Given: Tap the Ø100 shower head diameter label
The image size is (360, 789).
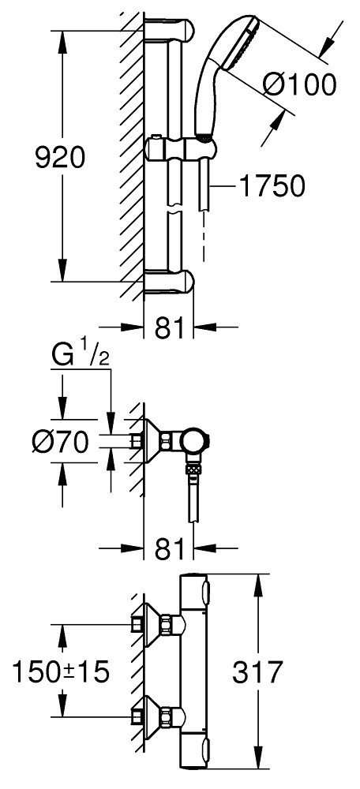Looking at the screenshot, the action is pyautogui.click(x=299, y=84).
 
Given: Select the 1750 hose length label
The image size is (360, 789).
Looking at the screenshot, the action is pyautogui.click(x=272, y=186).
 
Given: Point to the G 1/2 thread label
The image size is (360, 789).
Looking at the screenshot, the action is pyautogui.click(x=81, y=357).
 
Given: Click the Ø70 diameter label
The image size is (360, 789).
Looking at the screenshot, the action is pyautogui.click(x=60, y=443).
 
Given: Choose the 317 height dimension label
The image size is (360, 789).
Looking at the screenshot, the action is pyautogui.click(x=258, y=671).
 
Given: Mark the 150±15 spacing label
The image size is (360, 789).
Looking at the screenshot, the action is pyautogui.click(x=61, y=671).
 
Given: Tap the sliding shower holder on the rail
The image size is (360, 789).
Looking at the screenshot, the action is pyautogui.click(x=182, y=149).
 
